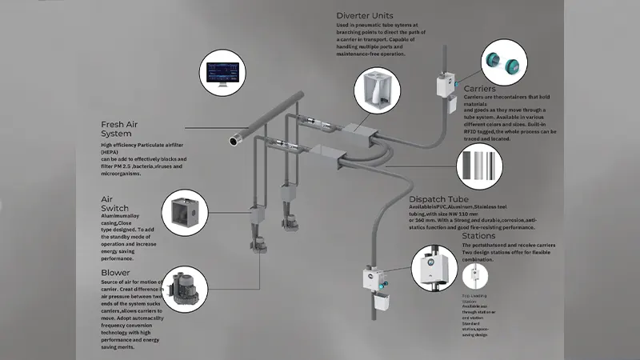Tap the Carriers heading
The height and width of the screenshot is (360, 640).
point(480,88)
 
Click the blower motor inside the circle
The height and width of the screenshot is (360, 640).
point(183,289)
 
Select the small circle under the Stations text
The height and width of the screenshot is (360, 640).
point(477,276)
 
